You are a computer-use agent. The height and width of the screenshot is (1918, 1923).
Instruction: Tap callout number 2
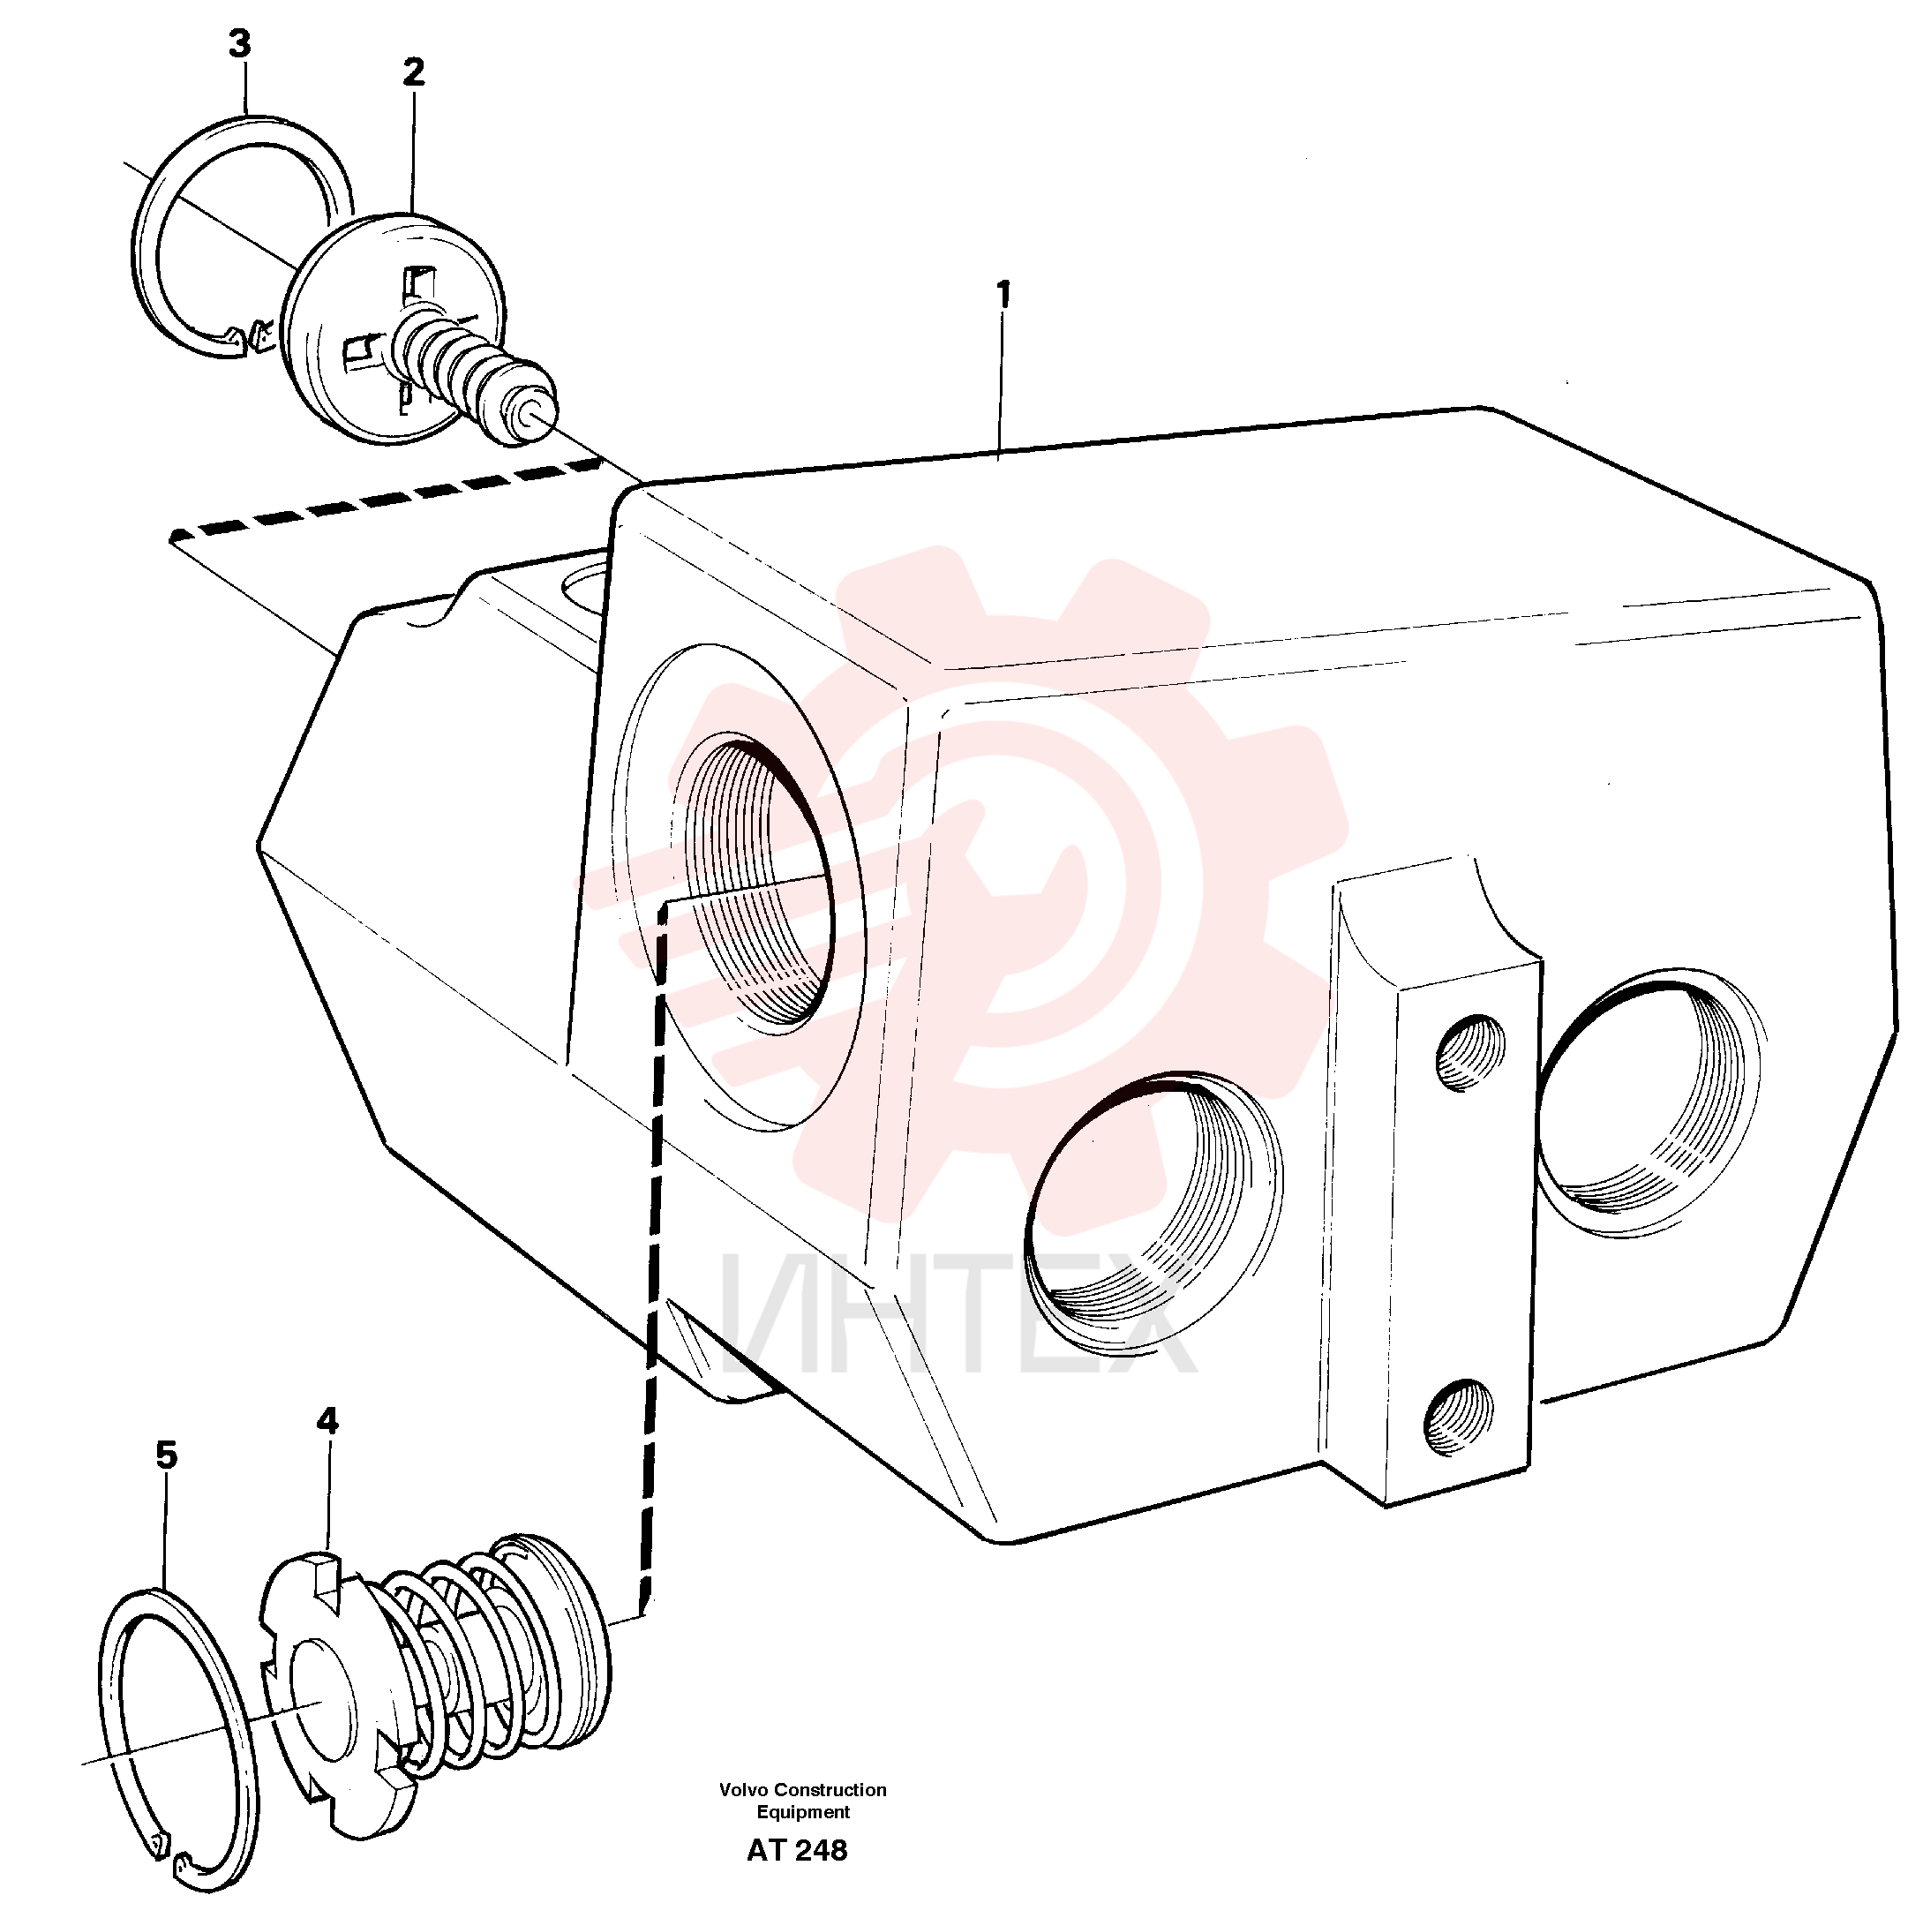(413, 71)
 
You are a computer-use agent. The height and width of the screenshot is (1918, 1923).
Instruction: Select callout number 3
(239, 44)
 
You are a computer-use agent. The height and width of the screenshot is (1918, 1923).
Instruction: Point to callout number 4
(327, 1420)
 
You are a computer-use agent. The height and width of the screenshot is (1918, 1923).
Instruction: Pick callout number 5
(166, 1455)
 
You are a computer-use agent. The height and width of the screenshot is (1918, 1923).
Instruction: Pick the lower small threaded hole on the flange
(1461, 1417)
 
